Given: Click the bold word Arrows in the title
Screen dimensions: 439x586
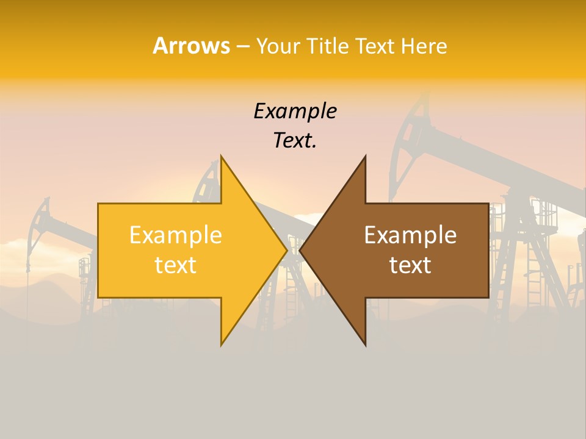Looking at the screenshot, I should [191, 46].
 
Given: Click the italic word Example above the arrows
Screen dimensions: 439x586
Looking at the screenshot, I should [295, 111].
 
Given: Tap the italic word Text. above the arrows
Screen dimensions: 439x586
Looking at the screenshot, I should [295, 141].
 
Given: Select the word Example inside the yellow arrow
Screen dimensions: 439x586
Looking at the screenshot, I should [176, 235].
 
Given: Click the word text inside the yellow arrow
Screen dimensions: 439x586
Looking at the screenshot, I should [176, 265].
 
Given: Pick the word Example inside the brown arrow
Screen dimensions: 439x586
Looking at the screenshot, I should [410, 235].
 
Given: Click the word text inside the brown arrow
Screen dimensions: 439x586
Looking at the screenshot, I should [410, 265].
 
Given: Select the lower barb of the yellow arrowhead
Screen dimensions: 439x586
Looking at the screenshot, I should [223, 339].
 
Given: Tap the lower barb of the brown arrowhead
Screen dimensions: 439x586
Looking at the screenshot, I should [364, 339].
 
